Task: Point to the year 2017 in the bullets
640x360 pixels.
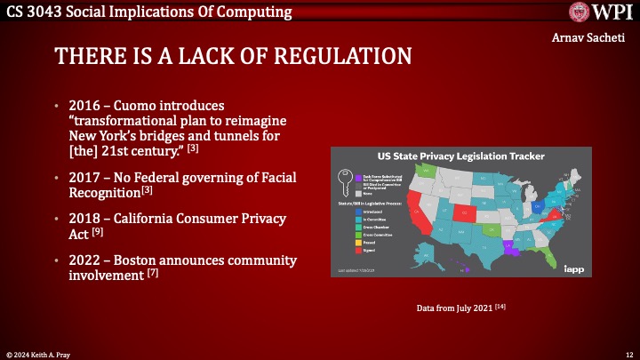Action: [84, 176]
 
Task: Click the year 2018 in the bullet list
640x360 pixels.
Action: [84, 219]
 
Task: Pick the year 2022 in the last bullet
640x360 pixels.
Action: [84, 260]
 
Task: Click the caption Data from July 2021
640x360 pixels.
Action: [462, 308]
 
